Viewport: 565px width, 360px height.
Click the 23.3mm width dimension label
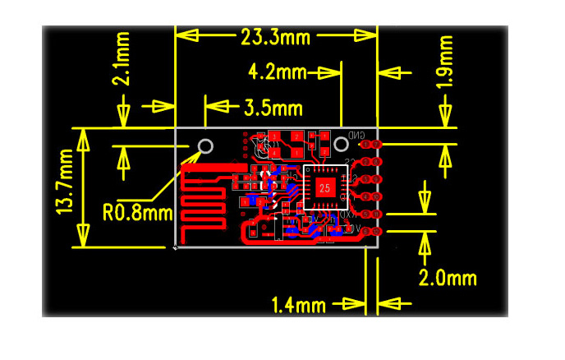coord(275,36)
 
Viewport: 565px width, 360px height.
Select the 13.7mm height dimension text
coord(67,187)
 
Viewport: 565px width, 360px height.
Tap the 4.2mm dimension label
coord(277,72)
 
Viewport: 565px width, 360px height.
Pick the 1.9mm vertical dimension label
coord(445,61)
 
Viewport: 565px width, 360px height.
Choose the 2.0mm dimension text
coord(448,278)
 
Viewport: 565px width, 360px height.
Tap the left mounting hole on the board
coord(205,147)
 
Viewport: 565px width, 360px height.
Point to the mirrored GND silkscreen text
coord(356,136)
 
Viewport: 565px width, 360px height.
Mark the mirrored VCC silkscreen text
coord(351,230)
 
